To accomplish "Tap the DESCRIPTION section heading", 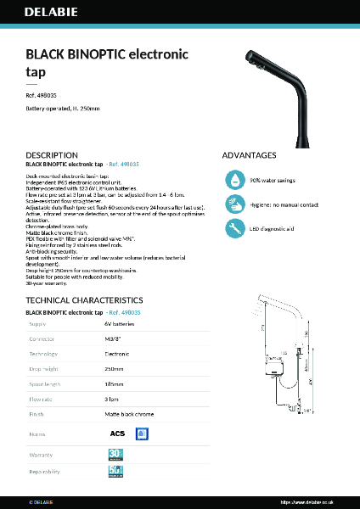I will coord(52,155).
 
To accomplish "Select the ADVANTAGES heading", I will coord(249,155).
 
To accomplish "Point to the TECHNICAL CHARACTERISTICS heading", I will coord(84,300).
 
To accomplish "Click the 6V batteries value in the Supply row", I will coord(120,324).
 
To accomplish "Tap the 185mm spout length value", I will coord(114,385).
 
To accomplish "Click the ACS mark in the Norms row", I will coord(117,433).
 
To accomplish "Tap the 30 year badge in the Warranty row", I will coord(116,455).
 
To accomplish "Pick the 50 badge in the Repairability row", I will coord(116,472).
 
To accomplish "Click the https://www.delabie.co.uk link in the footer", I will coord(310,501).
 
